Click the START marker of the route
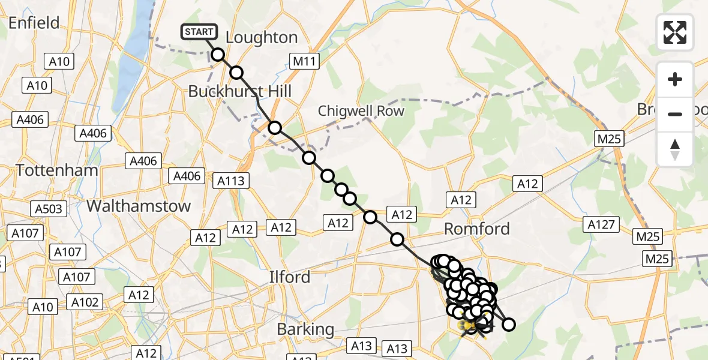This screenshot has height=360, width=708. (197, 32)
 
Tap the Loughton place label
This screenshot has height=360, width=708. (261, 38)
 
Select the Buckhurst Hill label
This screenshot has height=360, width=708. (239, 91)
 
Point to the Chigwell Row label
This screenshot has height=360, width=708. (361, 111)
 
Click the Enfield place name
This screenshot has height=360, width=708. (34, 23)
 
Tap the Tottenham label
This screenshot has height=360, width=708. (57, 170)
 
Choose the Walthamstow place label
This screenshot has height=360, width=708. (139, 206)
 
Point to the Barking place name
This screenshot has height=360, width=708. (305, 329)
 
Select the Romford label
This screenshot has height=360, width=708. (477, 229)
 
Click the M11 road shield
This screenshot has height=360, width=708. (305, 61)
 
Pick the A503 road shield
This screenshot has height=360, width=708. (47, 209)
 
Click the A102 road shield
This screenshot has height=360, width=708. (85, 302)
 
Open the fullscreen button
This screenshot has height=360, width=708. (675, 32)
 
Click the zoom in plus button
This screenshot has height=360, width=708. (675, 79)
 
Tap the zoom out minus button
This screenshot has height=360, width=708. (675, 114)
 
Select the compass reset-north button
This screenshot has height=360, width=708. (675, 149)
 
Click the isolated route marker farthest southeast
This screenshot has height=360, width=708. (509, 325)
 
